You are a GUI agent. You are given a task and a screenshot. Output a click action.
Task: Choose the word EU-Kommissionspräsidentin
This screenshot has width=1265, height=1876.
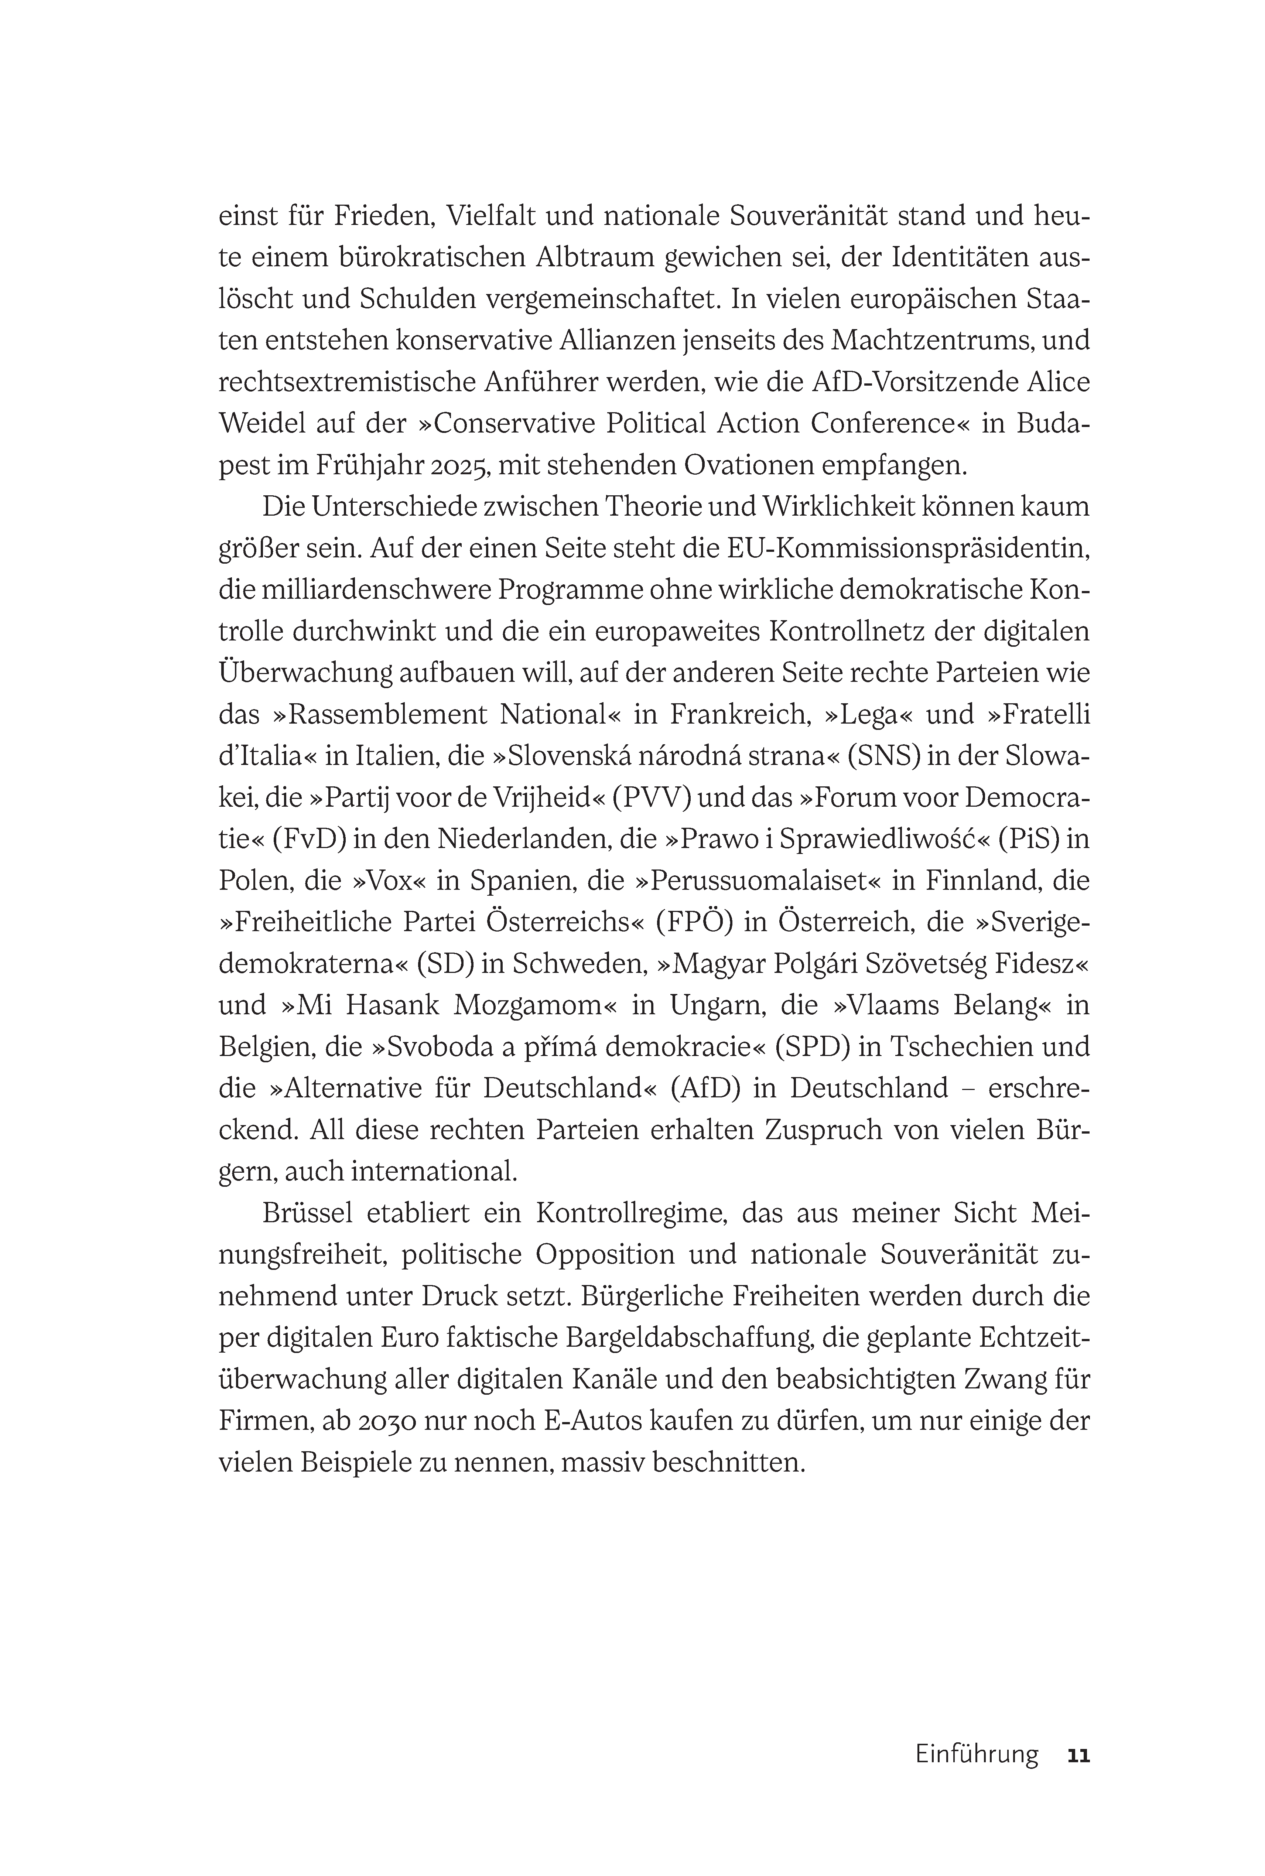click(909, 549)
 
